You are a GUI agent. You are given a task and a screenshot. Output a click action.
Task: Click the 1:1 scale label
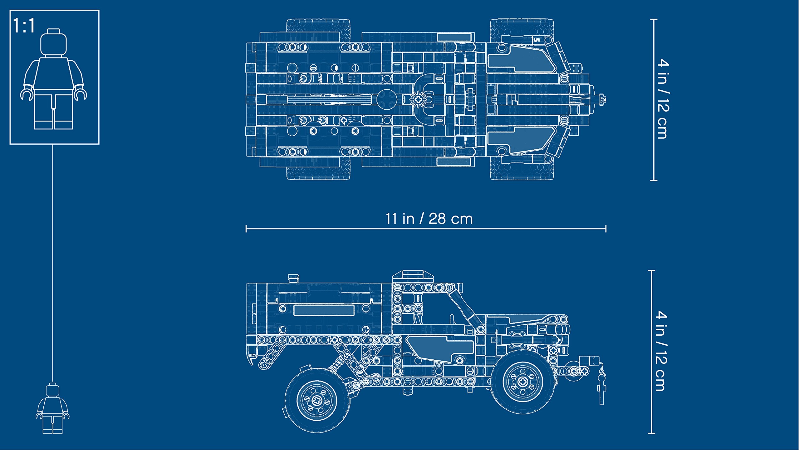(24, 26)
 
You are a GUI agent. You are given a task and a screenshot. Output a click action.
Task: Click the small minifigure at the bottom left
(52, 408)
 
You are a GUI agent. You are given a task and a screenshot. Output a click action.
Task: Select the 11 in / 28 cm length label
(429, 219)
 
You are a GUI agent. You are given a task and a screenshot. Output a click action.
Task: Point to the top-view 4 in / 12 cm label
(663, 99)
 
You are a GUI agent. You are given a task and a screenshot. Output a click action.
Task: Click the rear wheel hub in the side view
(317, 400)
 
